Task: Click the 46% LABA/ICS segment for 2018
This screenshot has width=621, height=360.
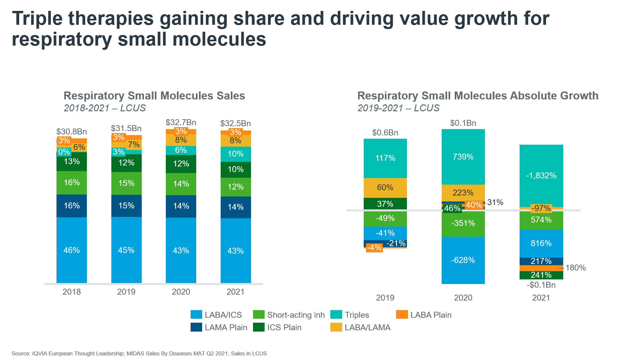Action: click(72, 250)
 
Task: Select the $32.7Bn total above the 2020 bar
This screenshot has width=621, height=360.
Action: click(181, 123)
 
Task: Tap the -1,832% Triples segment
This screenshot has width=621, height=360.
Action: click(541, 175)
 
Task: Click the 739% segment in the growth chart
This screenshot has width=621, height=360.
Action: click(463, 157)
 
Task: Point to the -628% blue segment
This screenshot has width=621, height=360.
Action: click(463, 260)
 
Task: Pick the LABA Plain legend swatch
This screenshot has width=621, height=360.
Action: click(402, 315)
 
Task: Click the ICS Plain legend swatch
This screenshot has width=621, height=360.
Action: click(259, 327)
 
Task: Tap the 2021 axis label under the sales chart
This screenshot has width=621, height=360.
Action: click(236, 292)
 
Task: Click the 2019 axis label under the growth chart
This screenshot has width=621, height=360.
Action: click(385, 298)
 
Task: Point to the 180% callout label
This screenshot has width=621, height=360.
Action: click(575, 268)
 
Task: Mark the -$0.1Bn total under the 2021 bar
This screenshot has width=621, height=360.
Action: click(541, 285)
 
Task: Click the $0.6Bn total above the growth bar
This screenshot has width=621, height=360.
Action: click(385, 132)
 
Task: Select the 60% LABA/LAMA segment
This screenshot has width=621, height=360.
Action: click(385, 188)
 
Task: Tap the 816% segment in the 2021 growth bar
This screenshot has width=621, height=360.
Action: click(541, 243)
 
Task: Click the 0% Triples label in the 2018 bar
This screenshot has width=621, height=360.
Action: click(64, 152)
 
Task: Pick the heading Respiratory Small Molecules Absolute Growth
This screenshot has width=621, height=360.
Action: click(478, 95)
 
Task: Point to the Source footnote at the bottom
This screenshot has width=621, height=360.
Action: click(139, 353)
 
